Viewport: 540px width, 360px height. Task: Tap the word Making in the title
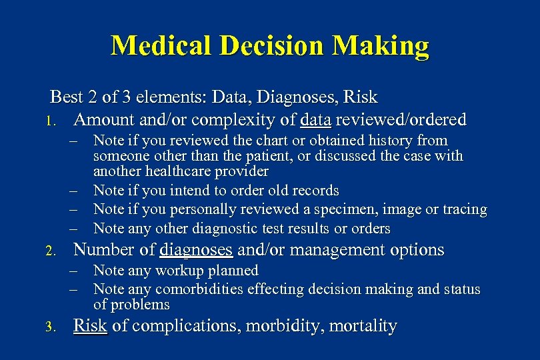point(381,45)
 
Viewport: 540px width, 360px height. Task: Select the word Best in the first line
point(67,97)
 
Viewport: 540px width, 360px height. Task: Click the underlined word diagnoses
point(196,250)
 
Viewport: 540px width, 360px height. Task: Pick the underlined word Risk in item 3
point(90,326)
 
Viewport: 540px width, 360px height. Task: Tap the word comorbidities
point(199,289)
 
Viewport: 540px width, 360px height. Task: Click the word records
point(313,191)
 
